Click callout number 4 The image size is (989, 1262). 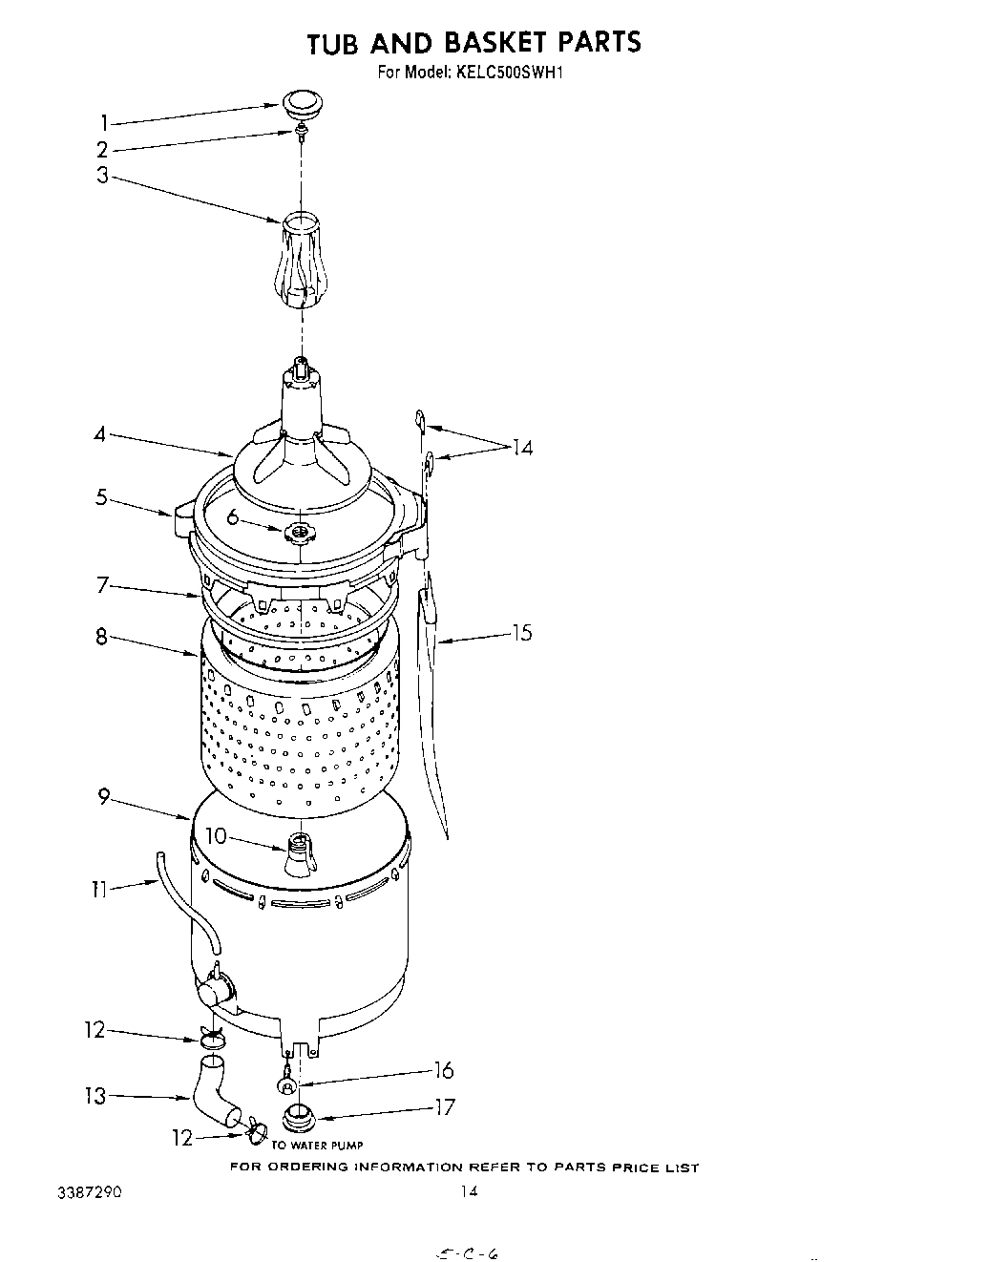(x=99, y=434)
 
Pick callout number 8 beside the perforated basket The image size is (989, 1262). (x=101, y=636)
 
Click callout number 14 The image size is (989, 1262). (x=521, y=448)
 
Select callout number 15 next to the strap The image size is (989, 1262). (x=521, y=633)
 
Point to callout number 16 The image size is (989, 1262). (x=444, y=1071)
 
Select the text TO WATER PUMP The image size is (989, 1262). (x=318, y=1145)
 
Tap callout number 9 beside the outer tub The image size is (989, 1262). (x=104, y=796)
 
